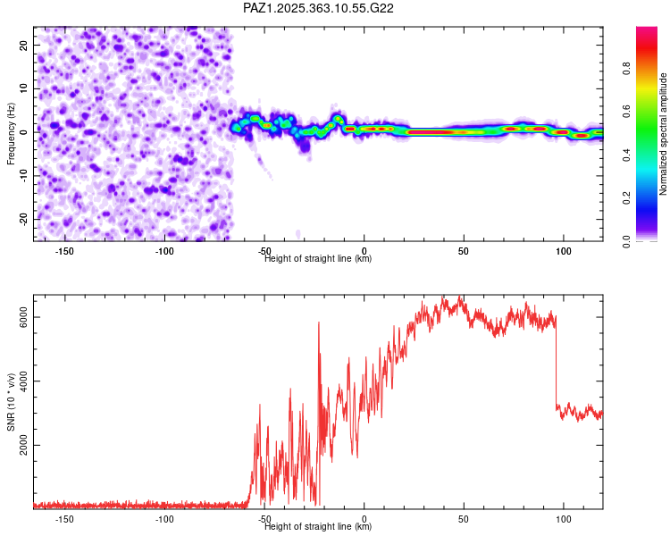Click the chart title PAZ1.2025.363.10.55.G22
319,8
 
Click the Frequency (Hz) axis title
11,134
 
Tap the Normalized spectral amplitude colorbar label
664,134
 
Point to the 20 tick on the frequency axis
25,45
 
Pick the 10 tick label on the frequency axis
25,88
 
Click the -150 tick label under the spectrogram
64,251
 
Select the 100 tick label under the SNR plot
564,519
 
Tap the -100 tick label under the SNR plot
164,519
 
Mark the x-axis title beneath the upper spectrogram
318,259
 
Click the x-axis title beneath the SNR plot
318,527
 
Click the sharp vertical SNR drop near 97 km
556,366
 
